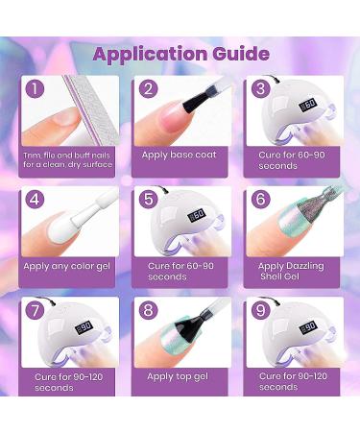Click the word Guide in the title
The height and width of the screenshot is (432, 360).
click(241, 53)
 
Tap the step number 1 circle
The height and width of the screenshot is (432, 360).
click(35, 88)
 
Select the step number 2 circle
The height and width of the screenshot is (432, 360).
click(149, 88)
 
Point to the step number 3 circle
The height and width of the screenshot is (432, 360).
click(261, 88)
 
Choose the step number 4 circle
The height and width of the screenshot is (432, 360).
click(35, 199)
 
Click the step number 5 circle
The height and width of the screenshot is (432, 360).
click(149, 199)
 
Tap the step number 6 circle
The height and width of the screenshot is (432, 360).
click(261, 199)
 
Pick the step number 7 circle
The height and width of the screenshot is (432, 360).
click(35, 310)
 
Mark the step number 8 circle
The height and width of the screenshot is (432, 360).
click(149, 310)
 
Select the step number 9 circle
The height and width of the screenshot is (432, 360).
click(261, 310)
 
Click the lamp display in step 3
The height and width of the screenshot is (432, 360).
click(308, 105)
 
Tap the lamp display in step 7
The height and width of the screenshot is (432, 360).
click(84, 328)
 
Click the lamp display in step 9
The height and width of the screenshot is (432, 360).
click(308, 328)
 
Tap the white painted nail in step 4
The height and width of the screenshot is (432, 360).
click(63, 229)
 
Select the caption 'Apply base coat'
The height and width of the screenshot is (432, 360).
click(180, 156)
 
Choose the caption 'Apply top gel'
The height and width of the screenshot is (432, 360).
click(178, 377)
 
